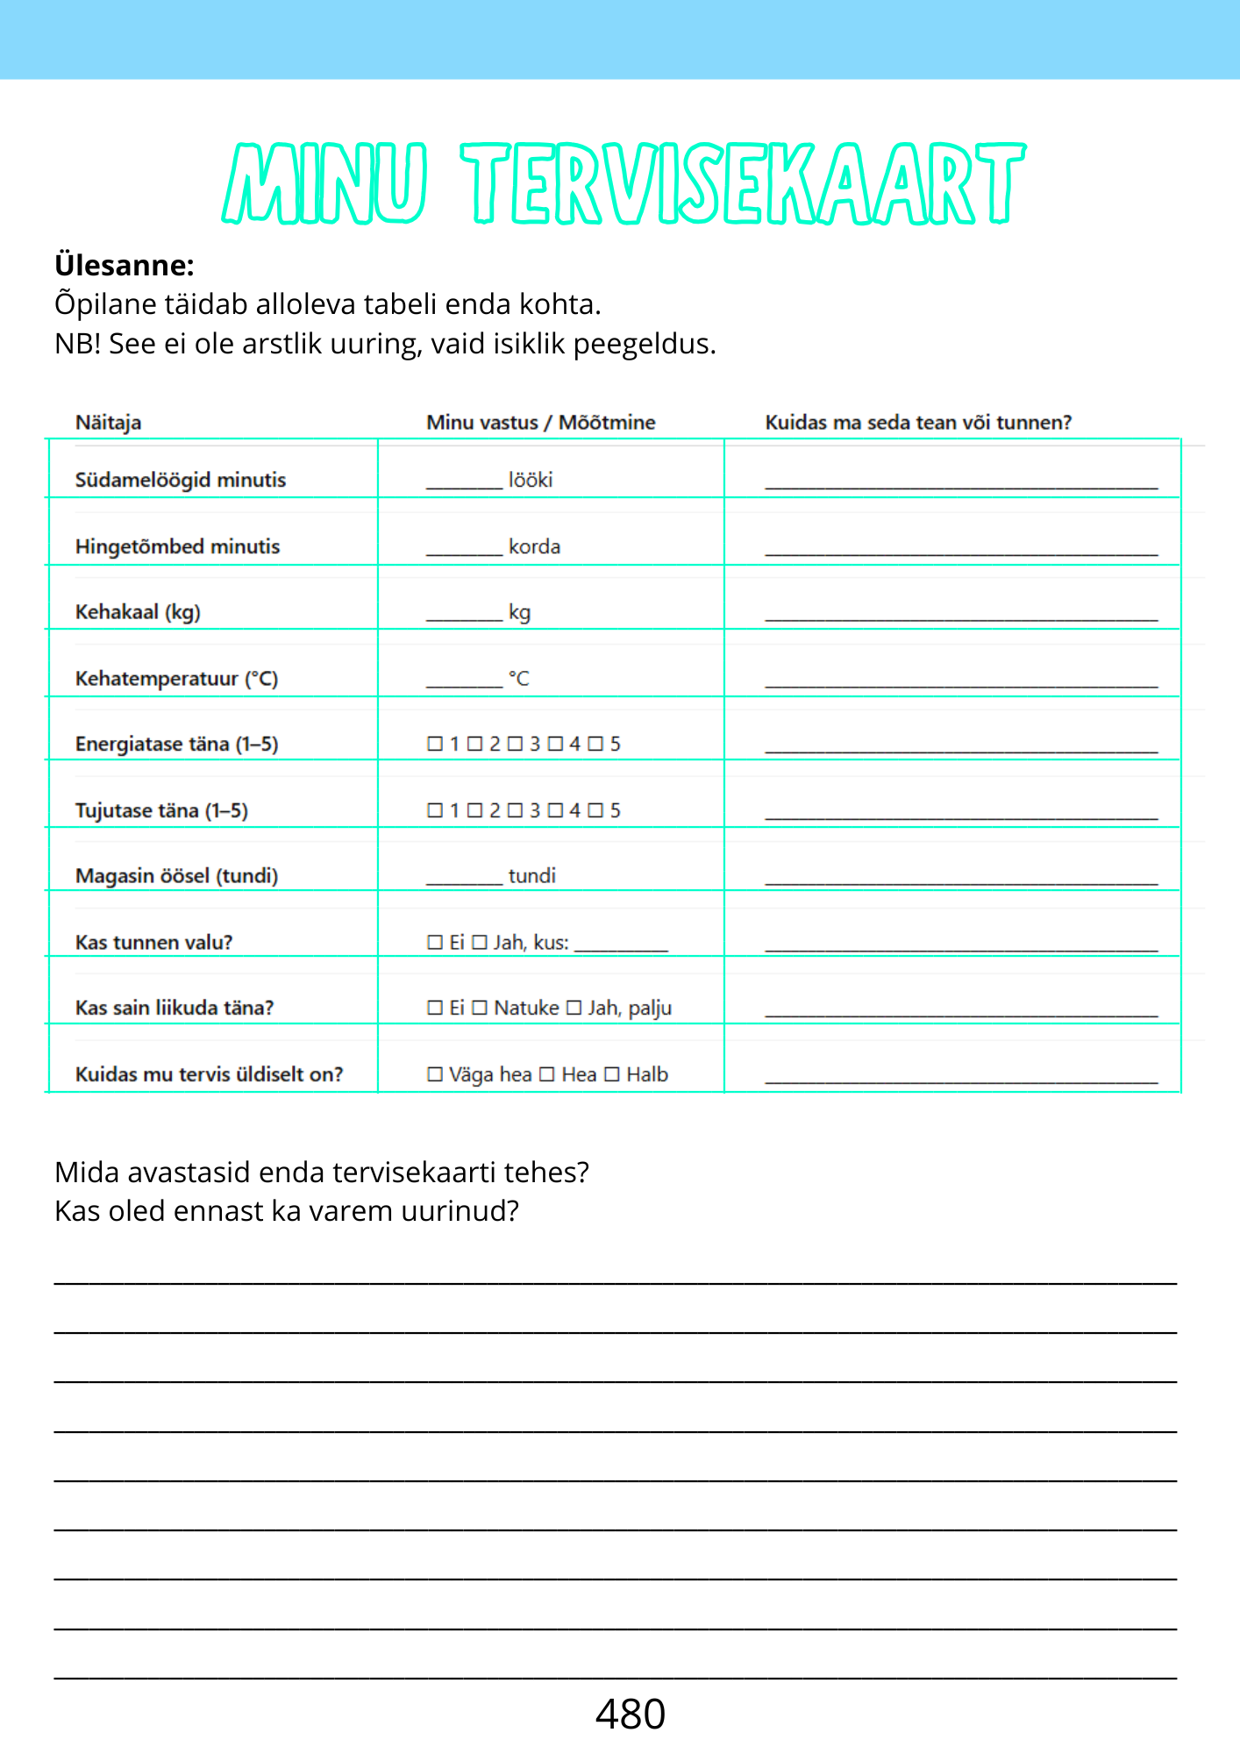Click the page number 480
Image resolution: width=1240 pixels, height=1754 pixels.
(x=630, y=1714)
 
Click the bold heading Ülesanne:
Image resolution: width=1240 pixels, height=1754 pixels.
(x=125, y=265)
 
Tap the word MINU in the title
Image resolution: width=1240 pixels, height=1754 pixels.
(x=325, y=183)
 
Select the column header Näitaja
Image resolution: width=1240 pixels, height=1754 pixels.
(x=108, y=422)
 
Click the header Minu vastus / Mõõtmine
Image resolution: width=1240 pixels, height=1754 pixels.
(x=540, y=422)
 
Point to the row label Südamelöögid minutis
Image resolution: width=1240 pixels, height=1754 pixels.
(x=181, y=480)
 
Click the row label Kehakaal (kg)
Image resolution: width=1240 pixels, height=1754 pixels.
(x=138, y=611)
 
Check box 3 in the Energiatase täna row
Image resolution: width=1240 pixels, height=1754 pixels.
(x=515, y=744)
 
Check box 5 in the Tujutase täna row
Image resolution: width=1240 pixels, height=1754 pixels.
(x=595, y=810)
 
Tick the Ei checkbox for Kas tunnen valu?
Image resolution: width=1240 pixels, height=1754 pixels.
(x=435, y=942)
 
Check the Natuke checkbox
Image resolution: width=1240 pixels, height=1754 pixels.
(x=480, y=1008)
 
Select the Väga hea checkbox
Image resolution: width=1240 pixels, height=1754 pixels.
(x=435, y=1074)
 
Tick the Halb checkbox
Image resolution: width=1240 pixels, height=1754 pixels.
(x=612, y=1074)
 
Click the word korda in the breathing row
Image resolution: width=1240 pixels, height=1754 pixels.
(x=534, y=546)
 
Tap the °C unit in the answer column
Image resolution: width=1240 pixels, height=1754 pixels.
(x=519, y=678)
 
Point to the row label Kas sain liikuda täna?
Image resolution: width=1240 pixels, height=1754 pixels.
(x=175, y=1008)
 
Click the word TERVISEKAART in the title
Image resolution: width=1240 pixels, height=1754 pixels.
(x=744, y=183)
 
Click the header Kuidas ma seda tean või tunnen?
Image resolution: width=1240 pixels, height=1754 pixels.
(x=918, y=422)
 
